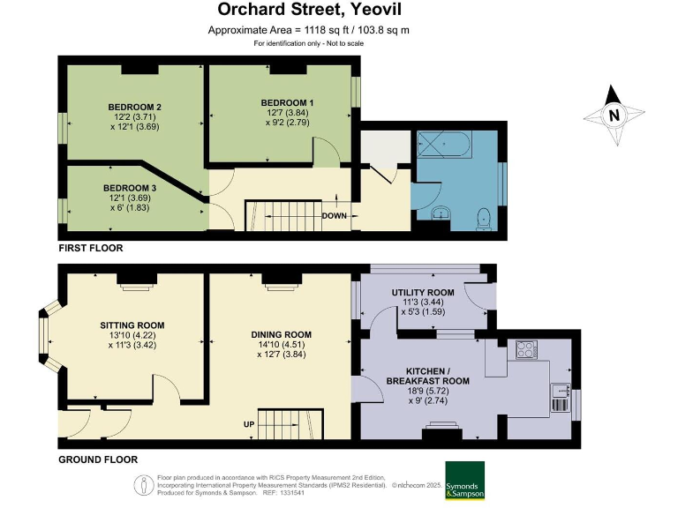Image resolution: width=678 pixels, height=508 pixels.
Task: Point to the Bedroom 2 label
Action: click(x=129, y=107)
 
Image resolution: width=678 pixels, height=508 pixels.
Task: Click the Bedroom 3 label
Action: click(x=130, y=188)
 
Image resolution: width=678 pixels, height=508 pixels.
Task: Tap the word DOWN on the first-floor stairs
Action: click(x=334, y=215)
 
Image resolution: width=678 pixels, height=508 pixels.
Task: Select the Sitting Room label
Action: click(x=132, y=325)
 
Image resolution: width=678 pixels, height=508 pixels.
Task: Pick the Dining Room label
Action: click(x=282, y=334)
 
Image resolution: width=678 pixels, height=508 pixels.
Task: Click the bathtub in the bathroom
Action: click(x=456, y=142)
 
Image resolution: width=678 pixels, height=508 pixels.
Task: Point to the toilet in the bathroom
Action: click(x=482, y=217)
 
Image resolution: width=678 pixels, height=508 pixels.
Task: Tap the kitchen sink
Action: click(x=560, y=390)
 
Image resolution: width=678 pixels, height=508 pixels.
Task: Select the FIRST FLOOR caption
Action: click(x=91, y=249)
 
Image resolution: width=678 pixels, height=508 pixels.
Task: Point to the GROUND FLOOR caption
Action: click(x=98, y=459)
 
